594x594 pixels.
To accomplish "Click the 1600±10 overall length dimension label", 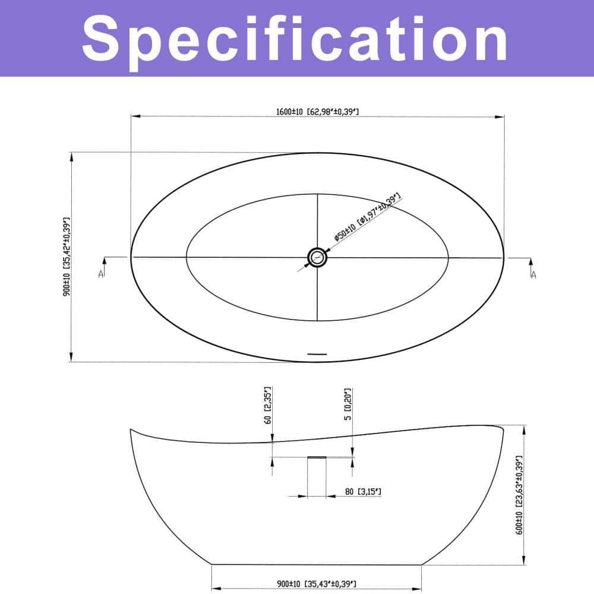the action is [x=317, y=112].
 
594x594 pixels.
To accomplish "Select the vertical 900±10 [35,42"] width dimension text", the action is [x=67, y=257].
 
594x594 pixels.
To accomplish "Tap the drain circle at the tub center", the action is [x=317, y=258].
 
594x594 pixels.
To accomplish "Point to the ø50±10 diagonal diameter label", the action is [x=368, y=217].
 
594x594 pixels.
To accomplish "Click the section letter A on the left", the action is [x=101, y=273].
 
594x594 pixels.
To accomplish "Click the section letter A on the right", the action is [x=533, y=275].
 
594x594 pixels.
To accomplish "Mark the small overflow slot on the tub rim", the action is [x=317, y=354].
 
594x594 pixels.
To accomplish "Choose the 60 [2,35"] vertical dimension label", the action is [x=268, y=405].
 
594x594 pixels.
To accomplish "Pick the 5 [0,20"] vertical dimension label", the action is [x=347, y=404].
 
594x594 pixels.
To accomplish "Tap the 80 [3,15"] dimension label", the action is [x=363, y=492].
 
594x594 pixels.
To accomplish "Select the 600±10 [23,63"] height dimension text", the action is [x=519, y=495].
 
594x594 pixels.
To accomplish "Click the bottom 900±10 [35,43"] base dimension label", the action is [x=317, y=584].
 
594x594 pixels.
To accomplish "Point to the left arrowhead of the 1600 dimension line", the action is [x=135, y=116].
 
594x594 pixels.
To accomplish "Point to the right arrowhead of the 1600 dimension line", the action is [x=500, y=116].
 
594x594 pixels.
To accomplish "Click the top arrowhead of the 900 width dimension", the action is [x=71, y=157].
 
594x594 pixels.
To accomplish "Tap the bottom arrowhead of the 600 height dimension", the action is [x=524, y=560].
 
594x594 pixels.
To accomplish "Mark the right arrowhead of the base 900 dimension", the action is [x=416, y=589].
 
